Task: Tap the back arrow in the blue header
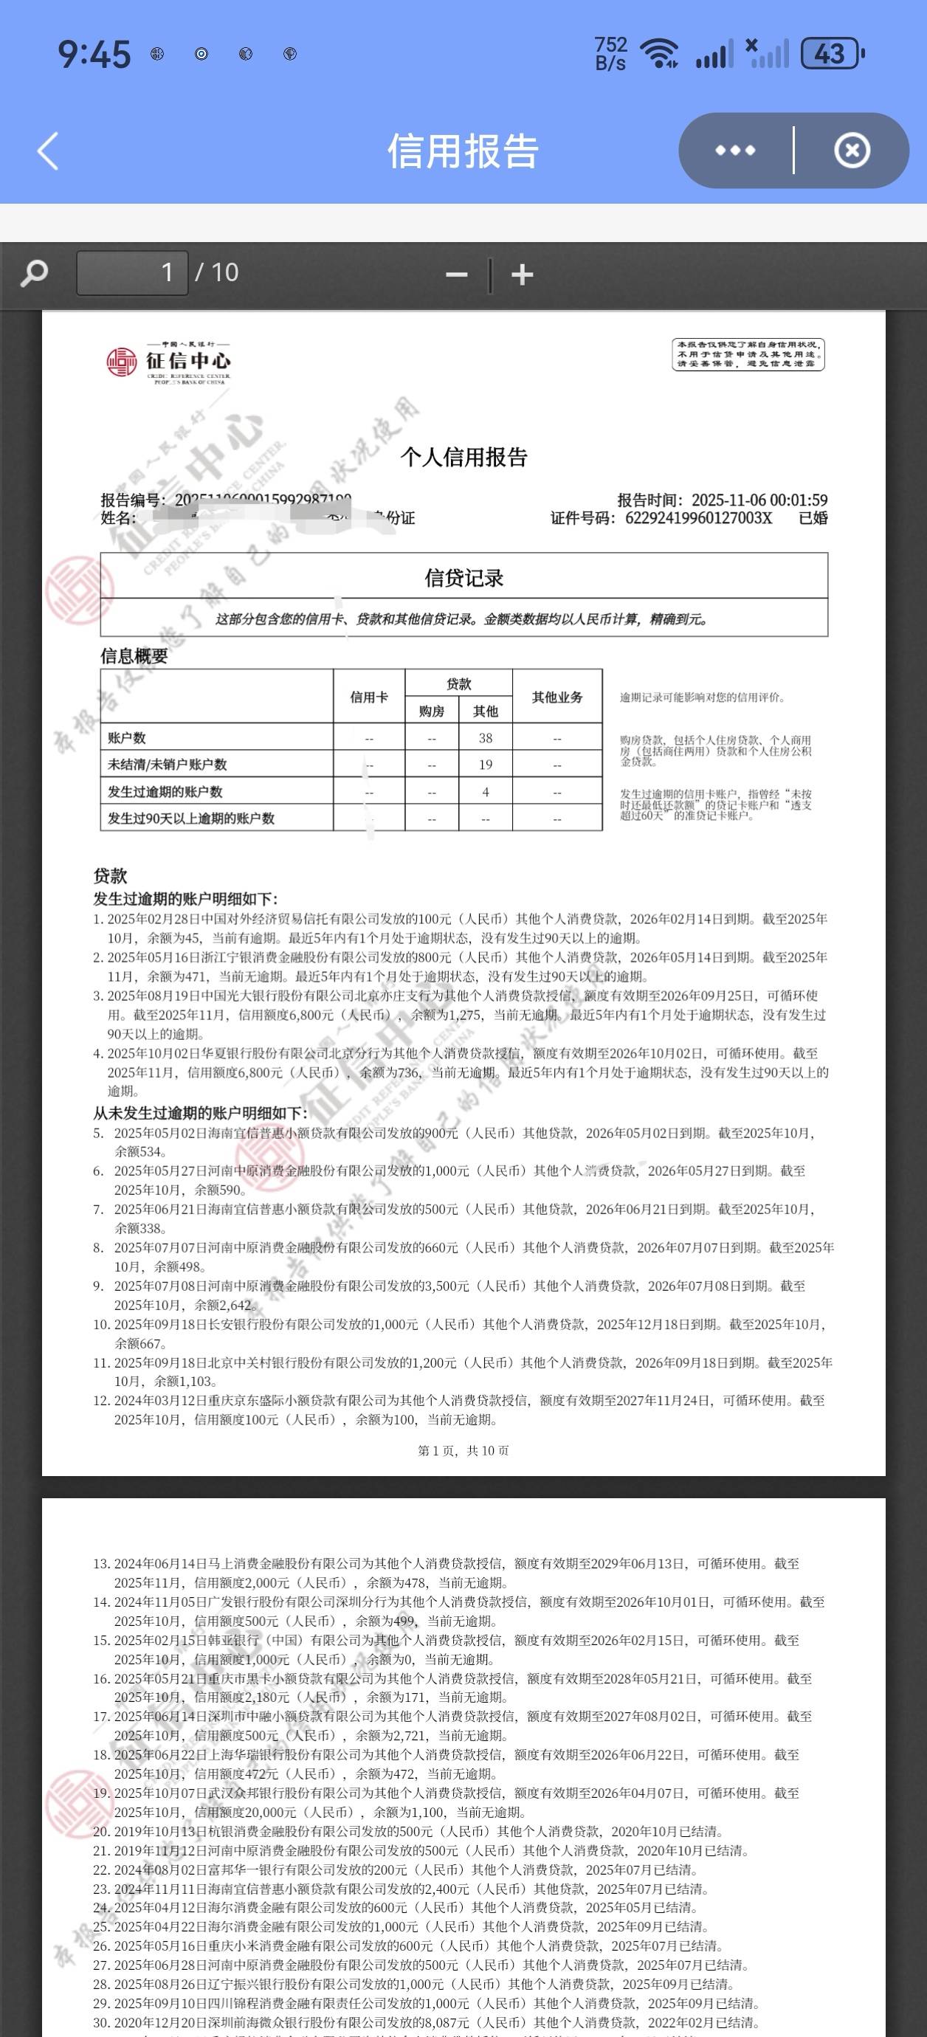pyautogui.click(x=48, y=151)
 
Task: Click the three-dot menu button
pyautogui.click(x=735, y=151)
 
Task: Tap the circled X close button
pyautogui.click(x=852, y=151)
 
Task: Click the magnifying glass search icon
pyautogui.click(x=34, y=274)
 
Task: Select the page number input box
pyautogui.click(x=132, y=273)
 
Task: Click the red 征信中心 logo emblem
pyautogui.click(x=122, y=362)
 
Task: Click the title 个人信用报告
pyautogui.click(x=463, y=457)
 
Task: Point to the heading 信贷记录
pyautogui.click(x=463, y=578)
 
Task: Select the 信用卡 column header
pyautogui.click(x=368, y=697)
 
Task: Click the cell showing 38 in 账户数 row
pyautogui.click(x=486, y=738)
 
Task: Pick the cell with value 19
pyautogui.click(x=486, y=765)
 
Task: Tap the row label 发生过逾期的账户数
pyautogui.click(x=165, y=791)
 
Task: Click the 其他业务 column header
pyautogui.click(x=556, y=697)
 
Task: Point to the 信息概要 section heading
pyautogui.click(x=134, y=655)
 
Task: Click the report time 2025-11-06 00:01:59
pyautogui.click(x=759, y=500)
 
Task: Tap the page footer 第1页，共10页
pyautogui.click(x=463, y=1450)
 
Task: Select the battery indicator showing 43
pyautogui.click(x=831, y=54)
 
